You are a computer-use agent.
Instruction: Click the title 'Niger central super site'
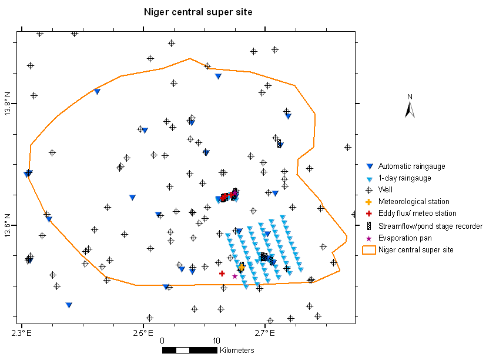pos(199,12)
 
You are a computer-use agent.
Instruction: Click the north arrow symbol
pos(410,108)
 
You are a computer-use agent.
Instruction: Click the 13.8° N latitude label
pos(8,104)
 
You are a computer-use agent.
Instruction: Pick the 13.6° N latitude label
pos(8,225)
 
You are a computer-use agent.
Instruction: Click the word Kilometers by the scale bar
pos(237,351)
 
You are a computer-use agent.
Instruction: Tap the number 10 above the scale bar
pos(216,341)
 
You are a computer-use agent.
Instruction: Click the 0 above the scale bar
pos(162,341)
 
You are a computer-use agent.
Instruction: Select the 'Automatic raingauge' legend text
pos(411,166)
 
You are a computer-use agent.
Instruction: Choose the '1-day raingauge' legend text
pos(404,178)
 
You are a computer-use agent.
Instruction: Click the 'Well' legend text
pos(386,190)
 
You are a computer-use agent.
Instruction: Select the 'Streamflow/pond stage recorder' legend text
pos(430,226)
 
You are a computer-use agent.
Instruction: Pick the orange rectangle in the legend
pos(369,250)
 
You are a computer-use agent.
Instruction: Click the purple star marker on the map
pos(234,276)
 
